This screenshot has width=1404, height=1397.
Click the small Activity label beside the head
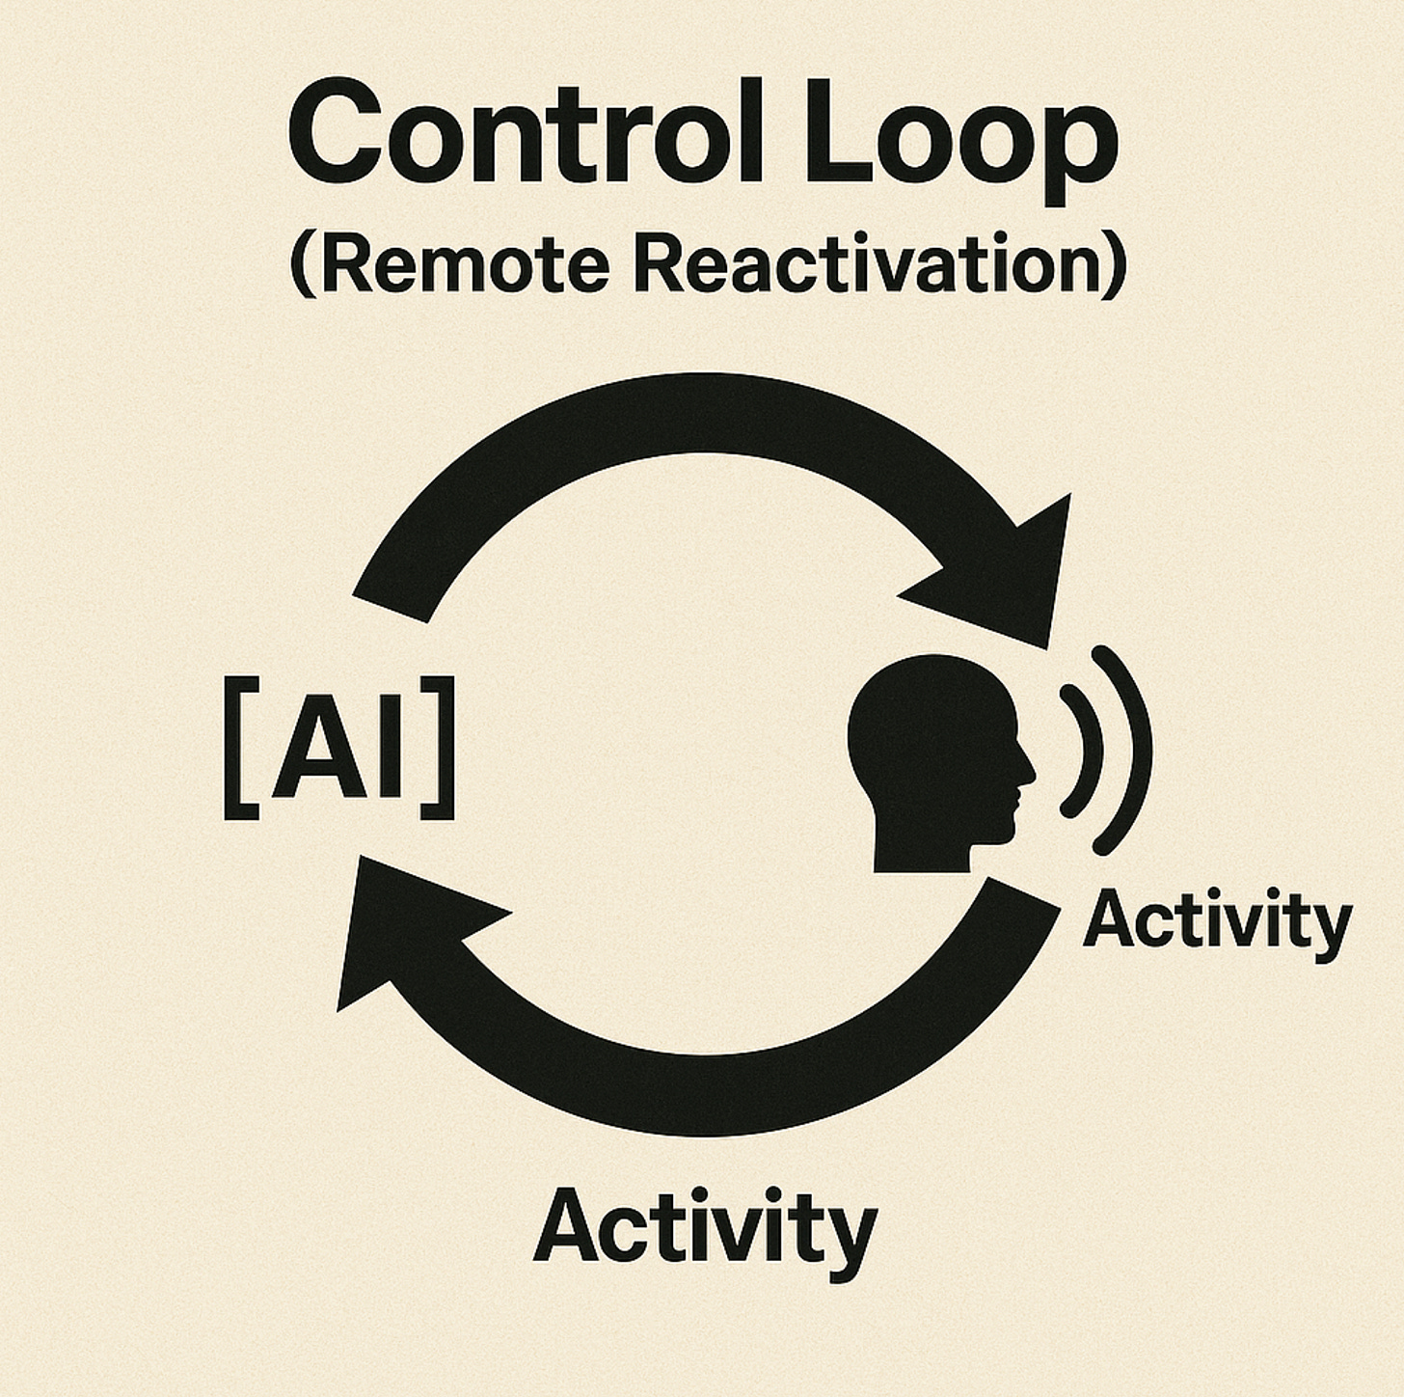pos(1217,921)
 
